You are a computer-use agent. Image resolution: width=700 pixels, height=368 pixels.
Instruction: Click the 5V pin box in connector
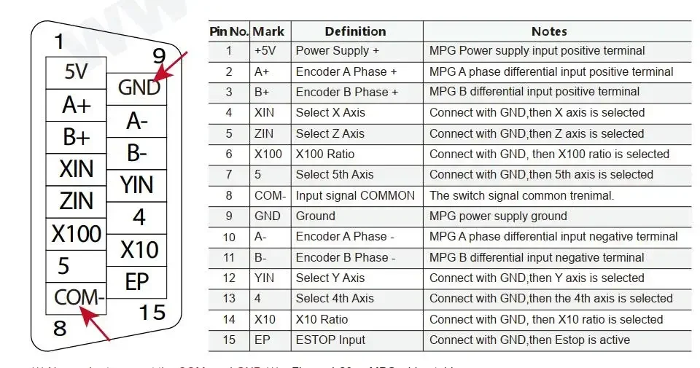click(x=76, y=72)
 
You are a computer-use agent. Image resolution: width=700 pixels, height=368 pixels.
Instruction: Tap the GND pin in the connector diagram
click(x=139, y=87)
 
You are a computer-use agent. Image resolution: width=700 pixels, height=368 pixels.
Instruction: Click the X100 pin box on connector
click(x=76, y=234)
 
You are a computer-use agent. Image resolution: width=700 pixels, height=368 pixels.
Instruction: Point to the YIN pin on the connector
click(x=137, y=185)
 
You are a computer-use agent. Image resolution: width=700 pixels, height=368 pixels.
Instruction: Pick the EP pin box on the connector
click(x=137, y=282)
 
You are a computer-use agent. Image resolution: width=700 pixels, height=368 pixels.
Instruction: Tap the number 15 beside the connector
click(x=152, y=313)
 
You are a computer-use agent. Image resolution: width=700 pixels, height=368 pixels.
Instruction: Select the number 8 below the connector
click(x=60, y=329)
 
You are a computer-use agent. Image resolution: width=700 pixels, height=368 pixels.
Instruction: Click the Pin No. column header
click(x=229, y=31)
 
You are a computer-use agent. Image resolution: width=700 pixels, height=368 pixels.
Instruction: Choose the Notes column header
click(x=549, y=31)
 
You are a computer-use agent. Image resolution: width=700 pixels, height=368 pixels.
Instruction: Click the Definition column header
click(x=355, y=31)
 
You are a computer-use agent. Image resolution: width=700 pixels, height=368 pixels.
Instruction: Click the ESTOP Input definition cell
click(x=330, y=340)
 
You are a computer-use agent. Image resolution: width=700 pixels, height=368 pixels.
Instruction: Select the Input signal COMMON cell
click(x=355, y=195)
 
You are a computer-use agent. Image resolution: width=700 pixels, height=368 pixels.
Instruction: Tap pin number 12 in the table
click(x=229, y=278)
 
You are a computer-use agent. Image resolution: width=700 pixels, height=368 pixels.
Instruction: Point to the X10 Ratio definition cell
click(x=322, y=319)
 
